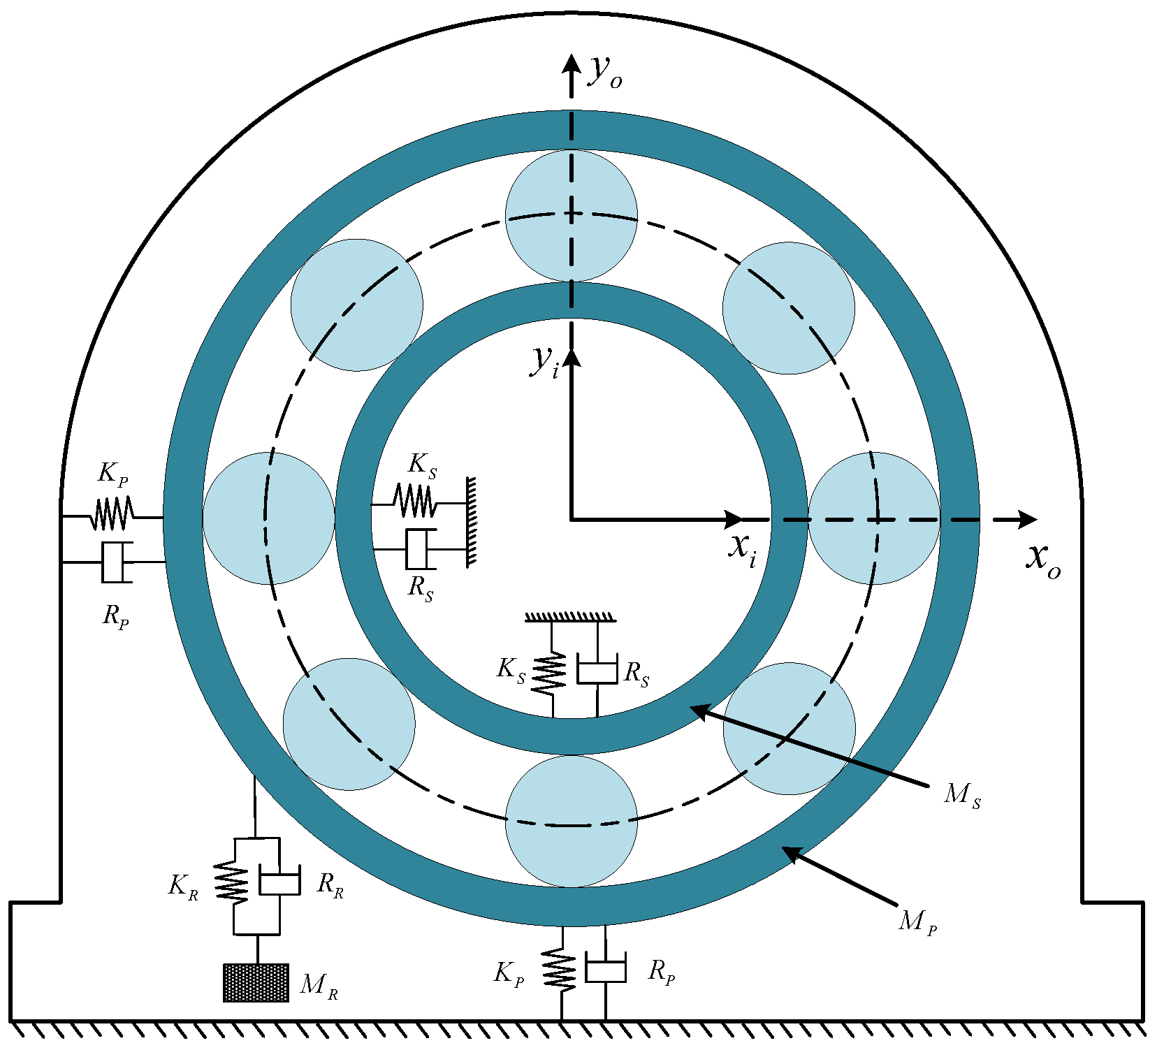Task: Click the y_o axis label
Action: (x=606, y=71)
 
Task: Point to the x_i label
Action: (x=742, y=549)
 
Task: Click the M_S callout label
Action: (x=962, y=795)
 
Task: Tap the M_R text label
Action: (x=319, y=985)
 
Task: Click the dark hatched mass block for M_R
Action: (x=256, y=983)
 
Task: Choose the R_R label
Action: (x=330, y=885)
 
